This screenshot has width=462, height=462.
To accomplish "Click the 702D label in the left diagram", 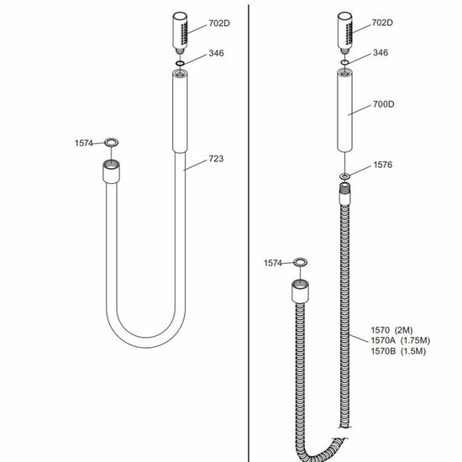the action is point(219,24).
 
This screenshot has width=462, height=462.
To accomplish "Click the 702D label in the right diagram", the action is point(382,23).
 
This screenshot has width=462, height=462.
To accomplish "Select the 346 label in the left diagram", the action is point(216,53).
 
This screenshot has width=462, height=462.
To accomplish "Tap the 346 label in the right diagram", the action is point(381,53).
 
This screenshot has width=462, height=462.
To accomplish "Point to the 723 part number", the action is point(216,159).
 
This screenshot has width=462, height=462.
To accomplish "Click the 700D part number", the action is point(383,104).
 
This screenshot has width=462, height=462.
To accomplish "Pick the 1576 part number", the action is point(383,165).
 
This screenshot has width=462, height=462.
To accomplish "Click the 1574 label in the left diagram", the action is point(84,143).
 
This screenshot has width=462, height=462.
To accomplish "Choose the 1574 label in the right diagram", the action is point(273,263).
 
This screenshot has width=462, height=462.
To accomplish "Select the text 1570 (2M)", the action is point(391,330).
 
